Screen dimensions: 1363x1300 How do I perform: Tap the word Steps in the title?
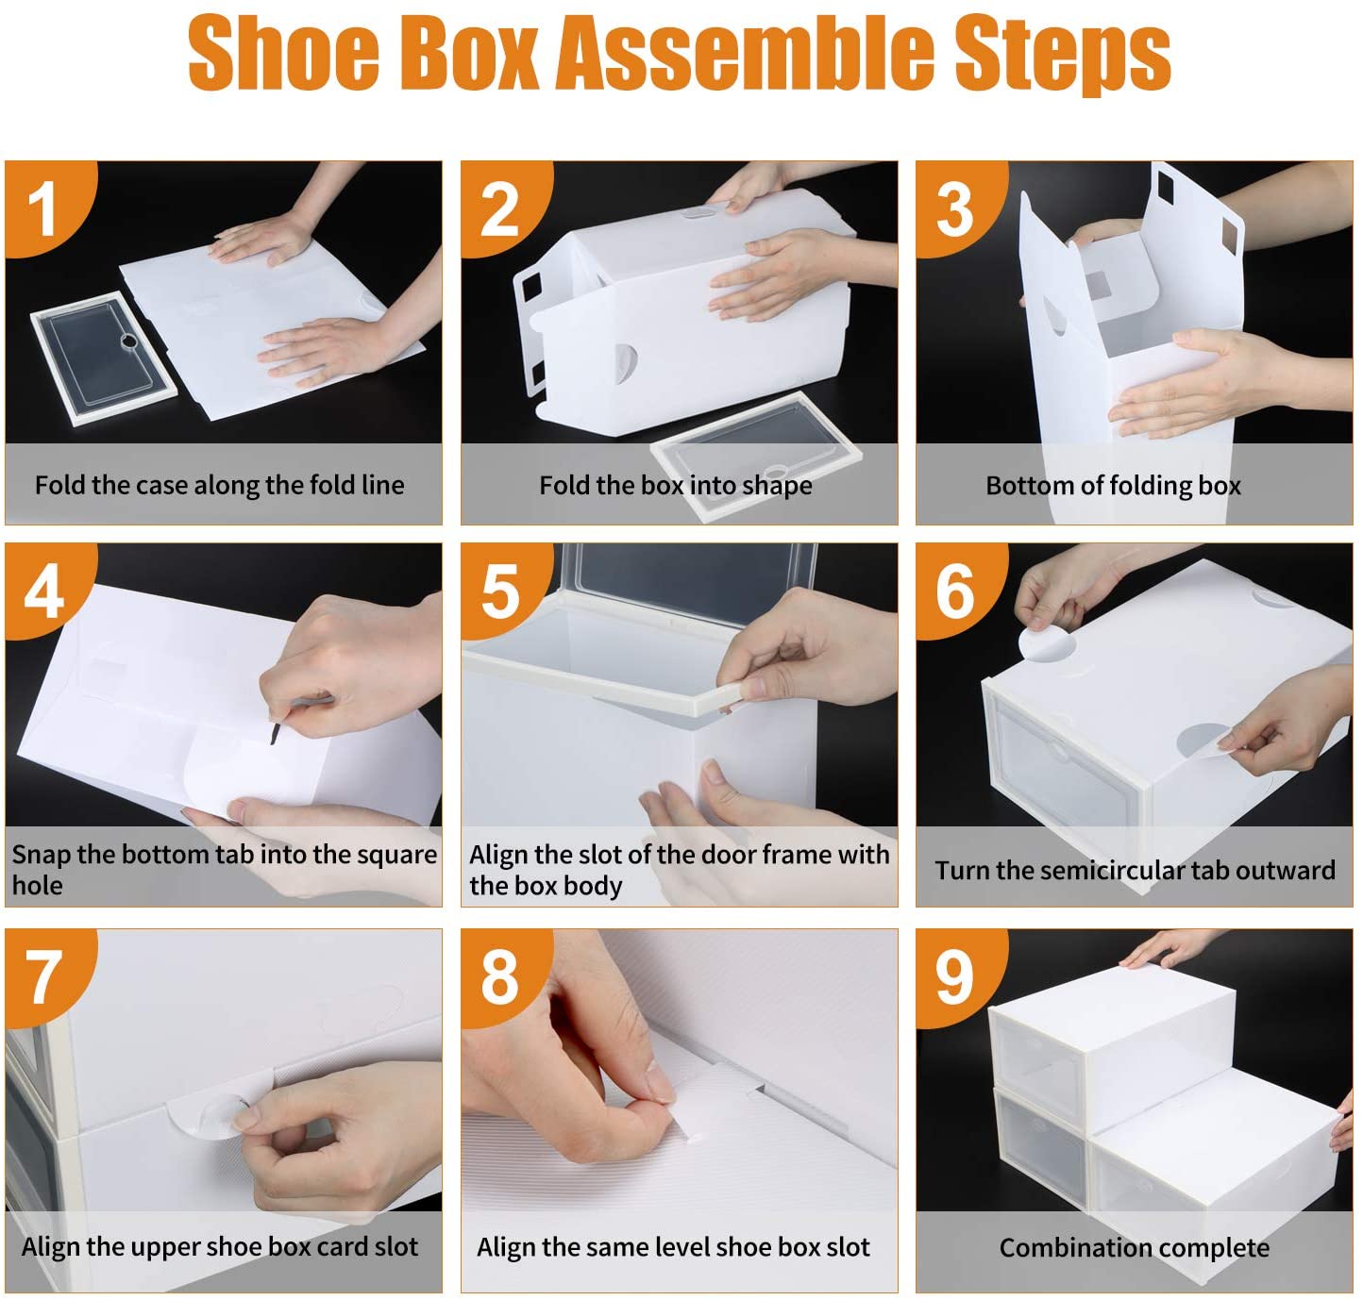pyautogui.click(x=1063, y=56)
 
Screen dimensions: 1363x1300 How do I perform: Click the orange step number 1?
pyautogui.click(x=43, y=209)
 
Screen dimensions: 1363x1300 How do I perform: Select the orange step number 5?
pyautogui.click(x=499, y=592)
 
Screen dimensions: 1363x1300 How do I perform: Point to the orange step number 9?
pyautogui.click(x=954, y=977)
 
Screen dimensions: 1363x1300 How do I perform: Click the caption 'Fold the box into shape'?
pyautogui.click(x=675, y=485)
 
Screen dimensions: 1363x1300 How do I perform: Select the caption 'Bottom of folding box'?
pyautogui.click(x=1113, y=485)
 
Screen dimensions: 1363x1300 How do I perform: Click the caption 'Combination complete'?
pyautogui.click(x=1134, y=1247)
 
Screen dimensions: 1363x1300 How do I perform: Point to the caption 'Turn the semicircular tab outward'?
pyautogui.click(x=1135, y=870)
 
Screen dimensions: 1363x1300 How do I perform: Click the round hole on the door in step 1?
pyautogui.click(x=129, y=341)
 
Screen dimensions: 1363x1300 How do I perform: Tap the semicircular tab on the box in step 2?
pyautogui.click(x=626, y=363)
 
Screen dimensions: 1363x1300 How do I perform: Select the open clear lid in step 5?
pyautogui.click(x=690, y=586)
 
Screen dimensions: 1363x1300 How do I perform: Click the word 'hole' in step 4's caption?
pyautogui.click(x=38, y=886)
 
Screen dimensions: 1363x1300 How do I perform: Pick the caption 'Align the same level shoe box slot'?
pyautogui.click(x=672, y=1247)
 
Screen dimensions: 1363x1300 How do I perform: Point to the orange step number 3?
pyautogui.click(x=954, y=209)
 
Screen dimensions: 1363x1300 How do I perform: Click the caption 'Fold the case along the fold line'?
pyautogui.click(x=219, y=485)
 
